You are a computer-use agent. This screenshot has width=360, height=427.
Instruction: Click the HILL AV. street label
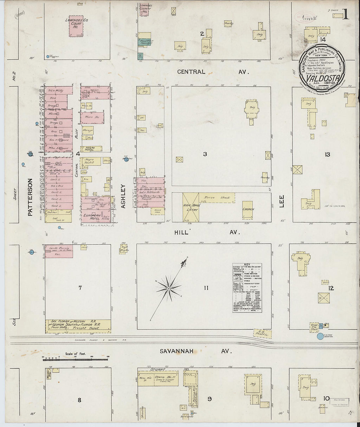(207, 232)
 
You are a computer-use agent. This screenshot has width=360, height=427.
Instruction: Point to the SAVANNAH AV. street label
(195, 351)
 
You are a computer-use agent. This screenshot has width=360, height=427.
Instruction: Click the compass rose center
(168, 289)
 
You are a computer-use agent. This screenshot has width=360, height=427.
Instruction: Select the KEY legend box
(247, 288)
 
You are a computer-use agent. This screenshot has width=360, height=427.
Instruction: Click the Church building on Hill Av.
(248, 210)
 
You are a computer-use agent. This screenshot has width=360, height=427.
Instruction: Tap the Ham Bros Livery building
(190, 207)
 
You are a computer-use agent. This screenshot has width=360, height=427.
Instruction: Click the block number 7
(80, 288)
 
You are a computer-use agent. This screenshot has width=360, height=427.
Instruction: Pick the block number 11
(206, 288)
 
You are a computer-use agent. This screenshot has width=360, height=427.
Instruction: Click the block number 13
(327, 155)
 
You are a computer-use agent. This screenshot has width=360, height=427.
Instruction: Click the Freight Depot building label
(91, 328)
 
